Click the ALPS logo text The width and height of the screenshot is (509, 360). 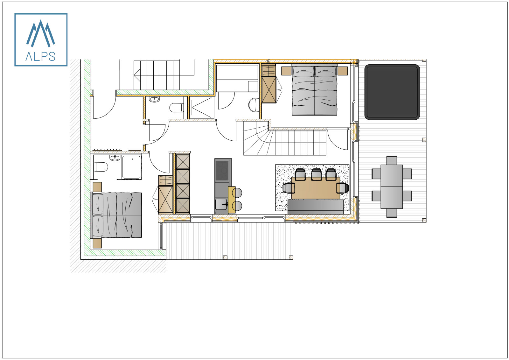(x=41, y=57)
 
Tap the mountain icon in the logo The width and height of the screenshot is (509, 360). (x=40, y=33)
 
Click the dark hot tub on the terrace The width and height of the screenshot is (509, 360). (x=392, y=92)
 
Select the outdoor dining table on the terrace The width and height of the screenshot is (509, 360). (x=392, y=186)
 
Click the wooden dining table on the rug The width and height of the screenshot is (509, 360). (x=315, y=188)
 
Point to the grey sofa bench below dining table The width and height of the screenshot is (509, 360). (x=315, y=206)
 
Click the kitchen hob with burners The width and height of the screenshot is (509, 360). (x=222, y=170)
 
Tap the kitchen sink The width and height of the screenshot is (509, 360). (x=221, y=204)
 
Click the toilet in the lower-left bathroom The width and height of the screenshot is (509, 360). (x=101, y=167)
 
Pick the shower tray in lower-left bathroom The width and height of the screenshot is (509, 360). (x=131, y=167)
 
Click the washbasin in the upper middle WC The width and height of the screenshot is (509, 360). (x=155, y=99)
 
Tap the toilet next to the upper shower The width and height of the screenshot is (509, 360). (x=176, y=108)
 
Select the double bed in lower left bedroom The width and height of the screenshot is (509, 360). (x=117, y=215)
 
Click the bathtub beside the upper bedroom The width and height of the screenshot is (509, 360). (x=237, y=78)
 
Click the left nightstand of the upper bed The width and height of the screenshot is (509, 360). (x=286, y=71)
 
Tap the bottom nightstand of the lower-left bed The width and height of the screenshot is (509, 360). (x=97, y=244)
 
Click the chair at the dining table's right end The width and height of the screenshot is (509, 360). (x=342, y=188)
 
